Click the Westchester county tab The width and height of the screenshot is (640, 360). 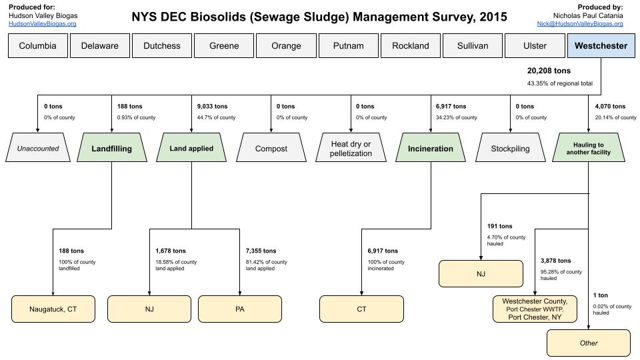601,46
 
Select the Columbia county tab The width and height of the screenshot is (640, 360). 37,46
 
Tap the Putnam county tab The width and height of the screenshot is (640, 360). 347,46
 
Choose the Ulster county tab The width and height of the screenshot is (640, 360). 535,46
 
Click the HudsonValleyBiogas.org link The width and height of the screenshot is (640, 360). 42,24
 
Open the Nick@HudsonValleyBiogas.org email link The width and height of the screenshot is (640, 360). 579,24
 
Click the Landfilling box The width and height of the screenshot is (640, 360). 111,149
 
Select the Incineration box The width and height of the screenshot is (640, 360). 430,149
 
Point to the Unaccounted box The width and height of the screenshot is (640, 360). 37,149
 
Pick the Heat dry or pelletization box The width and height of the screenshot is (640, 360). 351,149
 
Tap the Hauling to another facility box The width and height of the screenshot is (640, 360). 590,149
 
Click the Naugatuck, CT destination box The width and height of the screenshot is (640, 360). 53,309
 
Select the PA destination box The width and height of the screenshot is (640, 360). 239,309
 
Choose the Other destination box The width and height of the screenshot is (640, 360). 589,343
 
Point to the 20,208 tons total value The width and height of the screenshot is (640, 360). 549,71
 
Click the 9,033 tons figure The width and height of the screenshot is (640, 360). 212,106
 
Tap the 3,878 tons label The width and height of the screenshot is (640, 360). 555,261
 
